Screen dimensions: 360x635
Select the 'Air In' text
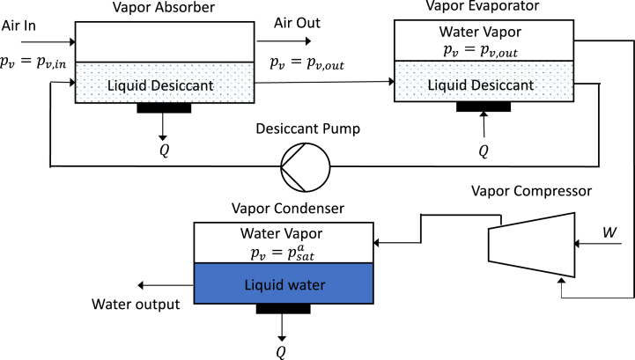click(20, 26)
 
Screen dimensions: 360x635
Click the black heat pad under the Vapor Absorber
click(164, 108)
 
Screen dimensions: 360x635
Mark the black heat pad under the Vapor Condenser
click(283, 309)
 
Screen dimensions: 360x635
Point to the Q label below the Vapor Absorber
click(163, 149)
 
